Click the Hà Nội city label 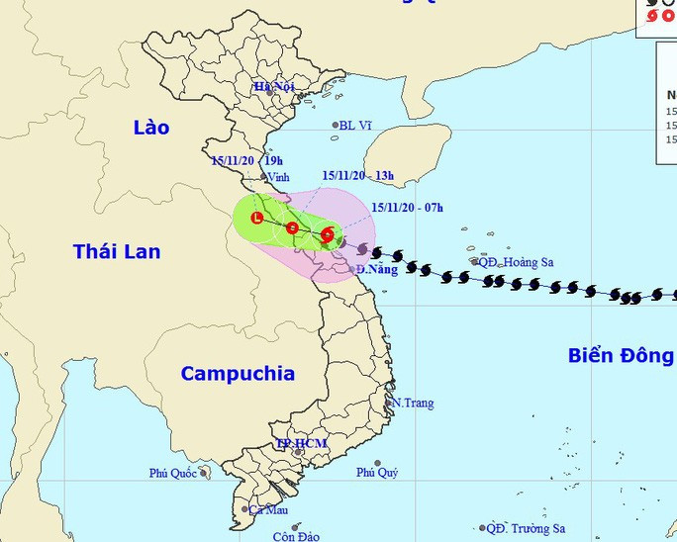pos(274,87)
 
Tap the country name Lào pos(151,128)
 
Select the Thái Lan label pos(117,252)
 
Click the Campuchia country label pos(238,374)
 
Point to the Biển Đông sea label pos(621,356)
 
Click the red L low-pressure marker pos(257,218)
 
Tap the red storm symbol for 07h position pos(328,235)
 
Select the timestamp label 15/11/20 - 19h pos(247,160)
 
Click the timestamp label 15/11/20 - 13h pos(357,176)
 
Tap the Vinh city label pos(277,177)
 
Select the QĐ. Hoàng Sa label pos(516,262)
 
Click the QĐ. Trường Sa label pos(525,529)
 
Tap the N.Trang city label pos(412,404)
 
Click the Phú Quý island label pos(377,473)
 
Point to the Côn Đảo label pos(296,536)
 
